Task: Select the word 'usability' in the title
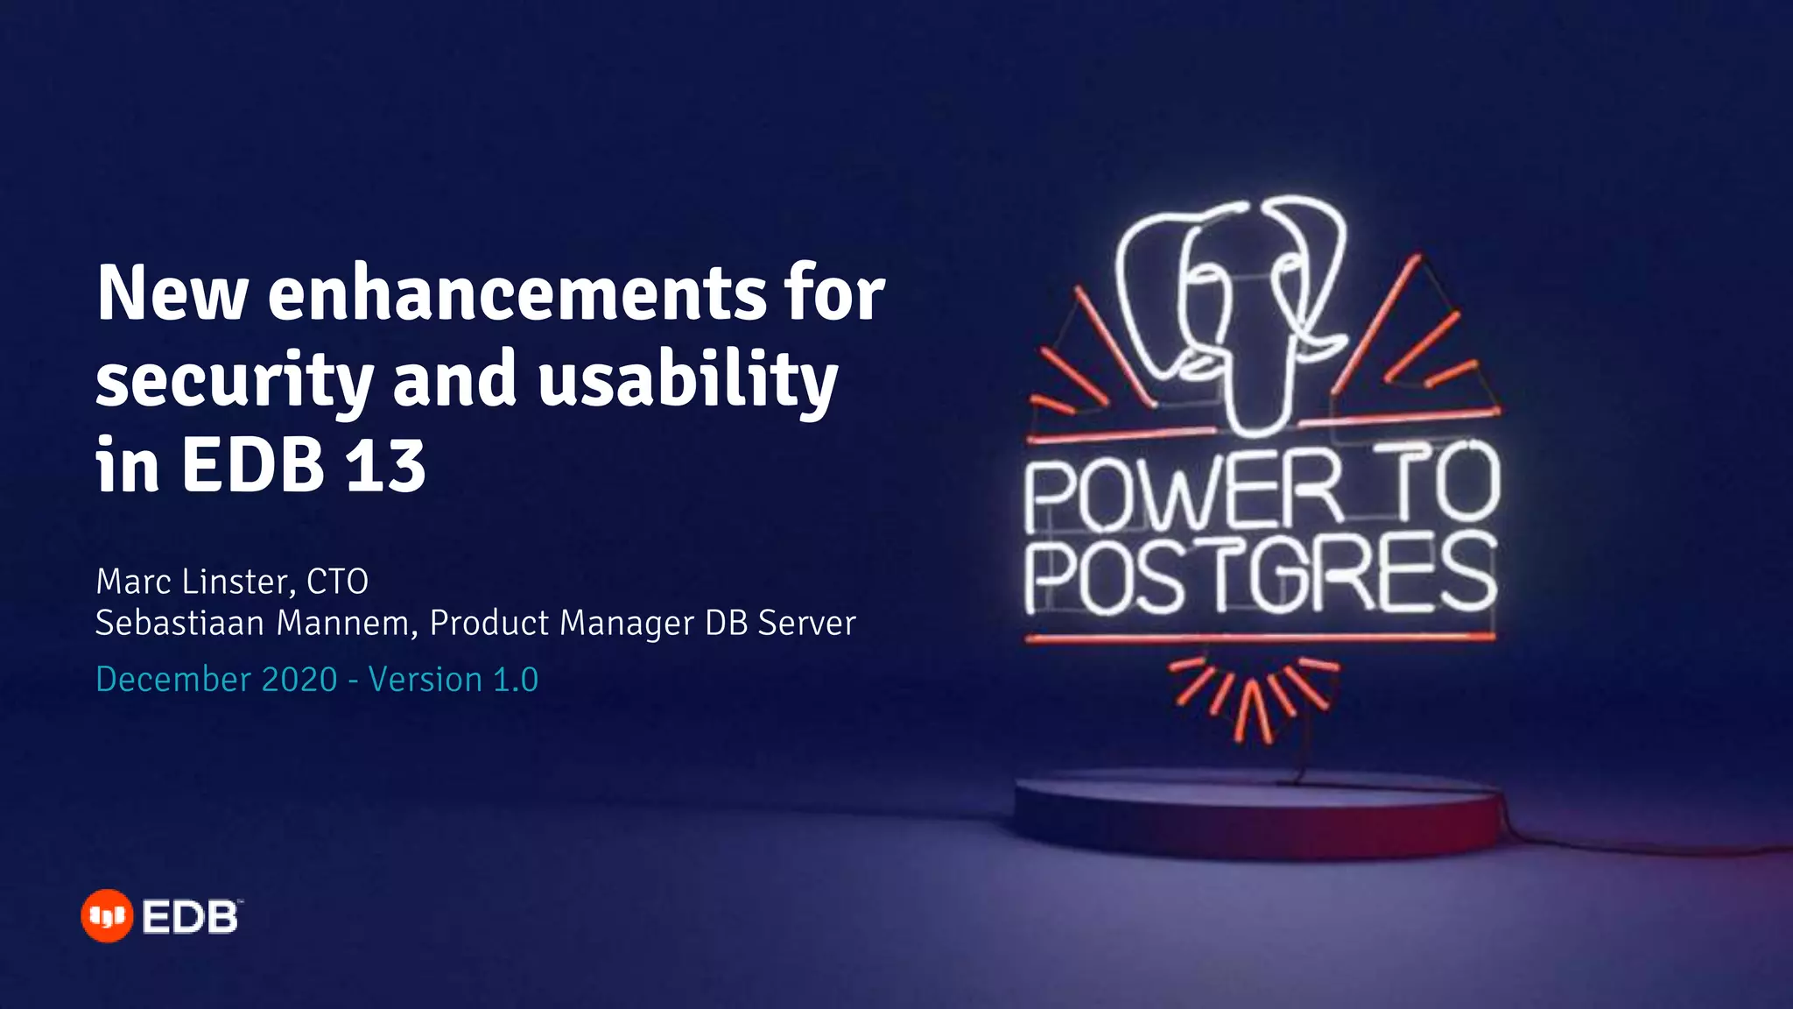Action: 687,381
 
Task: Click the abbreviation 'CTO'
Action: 337,582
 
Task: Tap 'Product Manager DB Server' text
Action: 643,624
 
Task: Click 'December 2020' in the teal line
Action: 216,680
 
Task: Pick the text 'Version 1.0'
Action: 453,680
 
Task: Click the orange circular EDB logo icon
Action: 107,916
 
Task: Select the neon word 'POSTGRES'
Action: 1261,576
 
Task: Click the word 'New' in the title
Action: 172,293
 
